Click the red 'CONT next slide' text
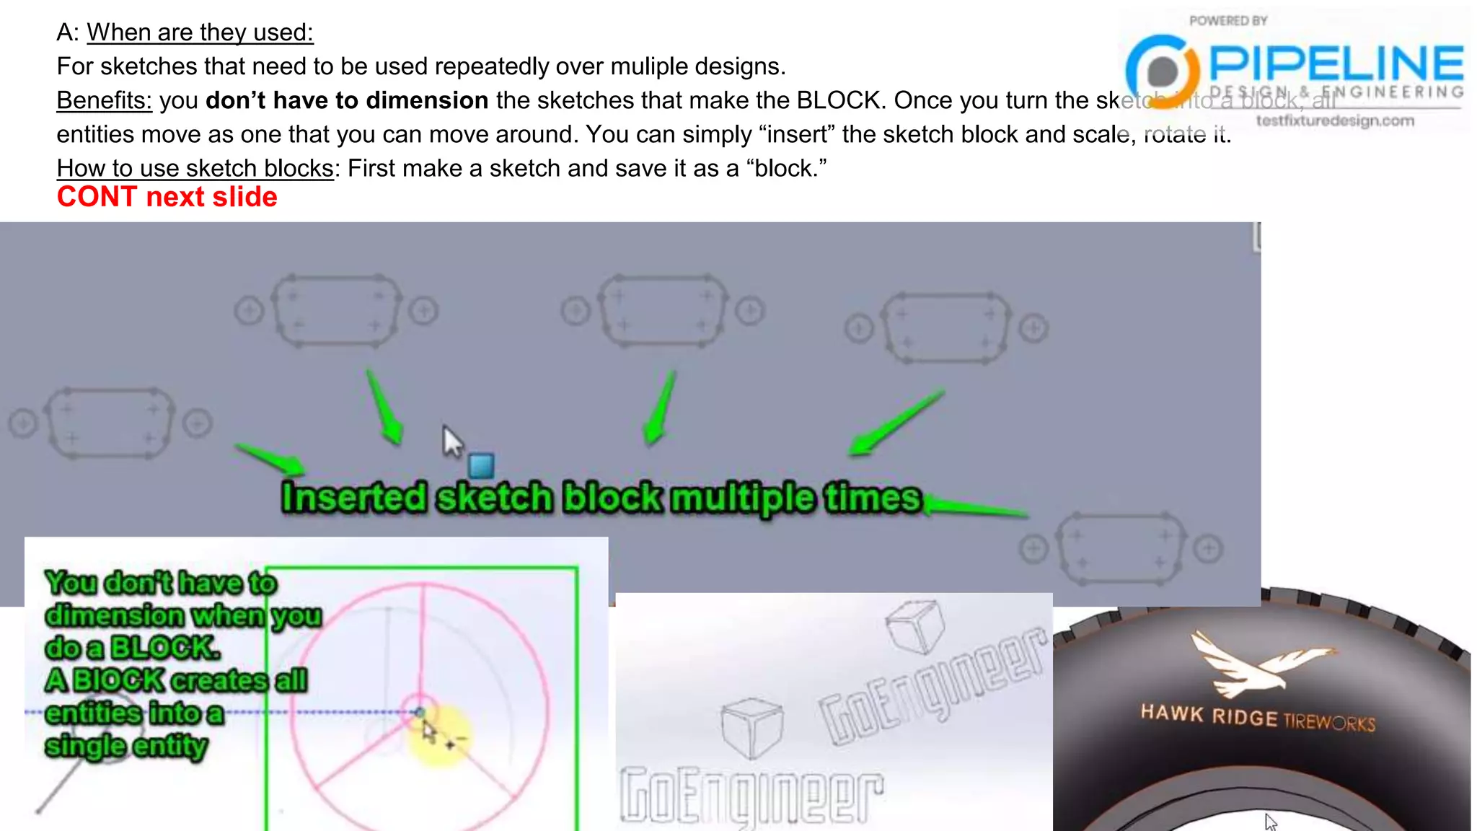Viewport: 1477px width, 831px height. pyautogui.click(x=167, y=197)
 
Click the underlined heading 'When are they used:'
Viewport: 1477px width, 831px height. pyautogui.click(x=200, y=32)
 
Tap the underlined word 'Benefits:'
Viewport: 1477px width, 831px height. pyautogui.click(x=104, y=100)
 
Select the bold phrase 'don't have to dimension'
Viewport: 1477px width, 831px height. pyautogui.click(x=347, y=100)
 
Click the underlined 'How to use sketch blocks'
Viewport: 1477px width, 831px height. pyautogui.click(x=195, y=168)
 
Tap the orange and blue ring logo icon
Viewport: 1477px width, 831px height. pyautogui.click(x=1162, y=71)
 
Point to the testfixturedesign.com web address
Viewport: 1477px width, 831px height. pyautogui.click(x=1335, y=120)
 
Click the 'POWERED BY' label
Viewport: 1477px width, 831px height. pyautogui.click(x=1228, y=21)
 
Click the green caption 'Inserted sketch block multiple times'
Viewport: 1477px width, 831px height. pyautogui.click(x=601, y=498)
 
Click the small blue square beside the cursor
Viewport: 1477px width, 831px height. pyautogui.click(x=481, y=465)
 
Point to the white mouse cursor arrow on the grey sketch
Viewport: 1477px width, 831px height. pyautogui.click(x=451, y=441)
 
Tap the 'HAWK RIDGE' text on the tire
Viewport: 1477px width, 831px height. pyautogui.click(x=1209, y=715)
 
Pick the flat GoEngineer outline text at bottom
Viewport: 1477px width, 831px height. pyautogui.click(x=751, y=796)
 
